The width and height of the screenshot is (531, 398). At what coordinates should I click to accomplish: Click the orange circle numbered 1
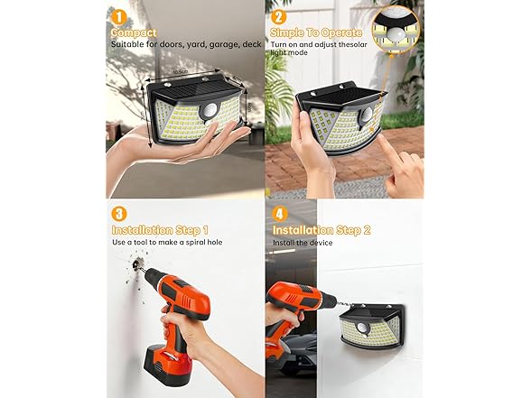point(116,15)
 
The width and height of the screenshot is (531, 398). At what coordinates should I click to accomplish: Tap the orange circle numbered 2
point(279,15)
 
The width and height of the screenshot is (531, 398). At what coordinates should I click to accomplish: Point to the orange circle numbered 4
point(279,214)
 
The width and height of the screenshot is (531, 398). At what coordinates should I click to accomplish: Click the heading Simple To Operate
point(315,32)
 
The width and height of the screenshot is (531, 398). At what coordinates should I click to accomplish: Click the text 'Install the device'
point(303,244)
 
